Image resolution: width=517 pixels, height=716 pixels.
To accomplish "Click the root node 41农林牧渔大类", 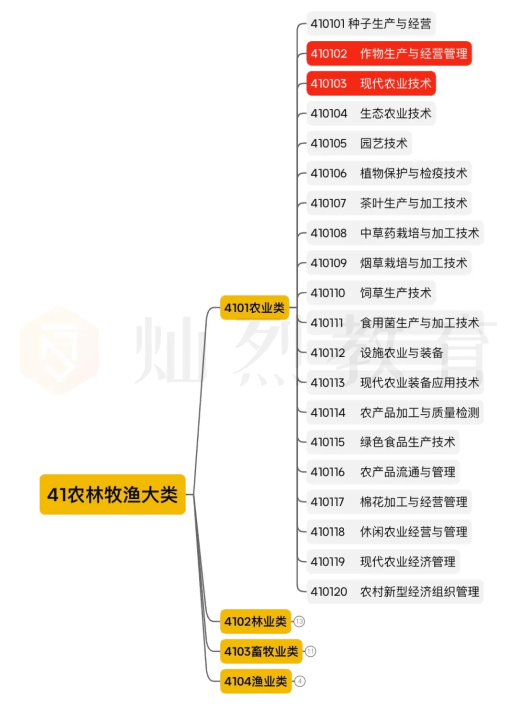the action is click(112, 494).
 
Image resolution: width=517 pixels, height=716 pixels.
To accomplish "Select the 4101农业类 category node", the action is click(254, 307).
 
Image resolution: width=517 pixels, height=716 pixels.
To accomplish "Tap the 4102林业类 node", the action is click(255, 621).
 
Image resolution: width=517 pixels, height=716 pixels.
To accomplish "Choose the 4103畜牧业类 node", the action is click(261, 651).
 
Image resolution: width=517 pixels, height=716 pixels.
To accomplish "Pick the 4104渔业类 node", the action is click(255, 681).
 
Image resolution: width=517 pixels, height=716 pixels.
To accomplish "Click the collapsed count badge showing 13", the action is click(300, 622).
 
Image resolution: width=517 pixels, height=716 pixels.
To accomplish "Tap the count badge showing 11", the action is click(311, 651).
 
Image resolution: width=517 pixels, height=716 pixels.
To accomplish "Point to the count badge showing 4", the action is click(300, 681).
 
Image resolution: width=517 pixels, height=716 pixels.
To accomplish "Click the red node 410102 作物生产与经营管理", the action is click(389, 54).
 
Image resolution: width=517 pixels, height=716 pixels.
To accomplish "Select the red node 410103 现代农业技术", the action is click(371, 83).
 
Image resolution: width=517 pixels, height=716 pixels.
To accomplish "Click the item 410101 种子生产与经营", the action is click(371, 23).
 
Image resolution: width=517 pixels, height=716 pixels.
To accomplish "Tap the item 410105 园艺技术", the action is click(359, 143).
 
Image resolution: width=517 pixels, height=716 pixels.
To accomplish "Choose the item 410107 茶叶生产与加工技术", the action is click(389, 203).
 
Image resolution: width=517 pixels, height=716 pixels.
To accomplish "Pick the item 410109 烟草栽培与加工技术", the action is click(389, 263).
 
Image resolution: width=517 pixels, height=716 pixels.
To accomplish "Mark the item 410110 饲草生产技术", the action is click(371, 293).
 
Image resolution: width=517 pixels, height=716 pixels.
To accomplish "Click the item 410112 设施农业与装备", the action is click(377, 353).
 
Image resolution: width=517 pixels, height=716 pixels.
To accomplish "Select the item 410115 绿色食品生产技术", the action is click(383, 442).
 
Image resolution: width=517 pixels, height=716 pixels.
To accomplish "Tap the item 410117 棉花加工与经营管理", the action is click(389, 502).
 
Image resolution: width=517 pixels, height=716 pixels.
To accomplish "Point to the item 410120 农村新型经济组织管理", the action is click(395, 591).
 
